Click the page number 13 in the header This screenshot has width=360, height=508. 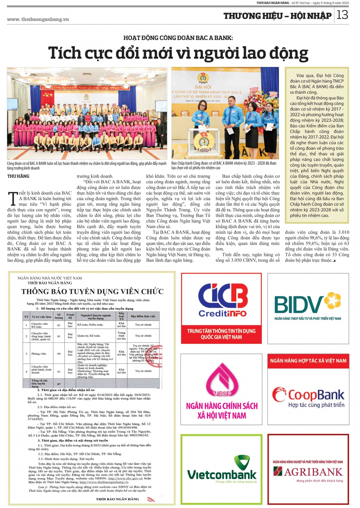pyautogui.click(x=342, y=15)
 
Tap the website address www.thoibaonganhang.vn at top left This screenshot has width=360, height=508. pyautogui.click(x=38, y=19)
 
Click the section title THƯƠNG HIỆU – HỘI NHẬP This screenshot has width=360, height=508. pyautogui.click(x=277, y=16)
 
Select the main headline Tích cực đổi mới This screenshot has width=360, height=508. pyautogui.click(x=178, y=53)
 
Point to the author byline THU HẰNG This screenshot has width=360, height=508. pyautogui.click(x=18, y=176)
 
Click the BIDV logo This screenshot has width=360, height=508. pyautogui.click(x=307, y=305)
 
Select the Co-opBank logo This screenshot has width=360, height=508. pyautogui.click(x=308, y=396)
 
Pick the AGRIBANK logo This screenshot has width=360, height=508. pyautogui.click(x=308, y=471)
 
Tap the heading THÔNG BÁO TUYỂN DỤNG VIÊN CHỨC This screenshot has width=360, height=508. pyautogui.click(x=93, y=292)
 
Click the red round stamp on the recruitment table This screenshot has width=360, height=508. pyautogui.click(x=153, y=355)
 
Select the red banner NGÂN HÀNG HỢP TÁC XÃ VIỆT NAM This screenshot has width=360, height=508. pyautogui.click(x=308, y=361)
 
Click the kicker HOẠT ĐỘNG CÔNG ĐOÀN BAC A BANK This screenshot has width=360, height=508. pyautogui.click(x=178, y=38)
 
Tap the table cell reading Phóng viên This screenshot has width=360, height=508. pyautogui.click(x=39, y=354)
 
